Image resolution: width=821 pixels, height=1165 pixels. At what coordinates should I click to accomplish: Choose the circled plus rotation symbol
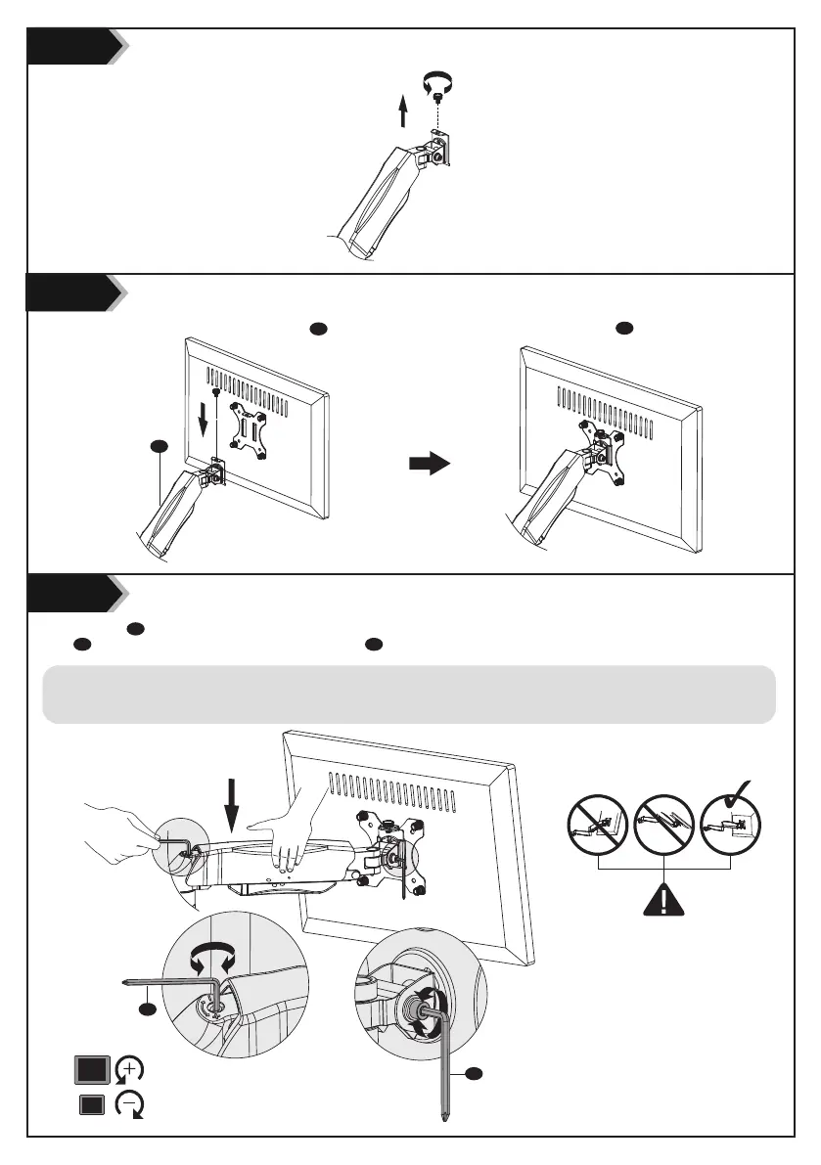pyautogui.click(x=130, y=1066)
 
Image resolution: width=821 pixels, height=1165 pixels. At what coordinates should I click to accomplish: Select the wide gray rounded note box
pyautogui.click(x=410, y=695)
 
